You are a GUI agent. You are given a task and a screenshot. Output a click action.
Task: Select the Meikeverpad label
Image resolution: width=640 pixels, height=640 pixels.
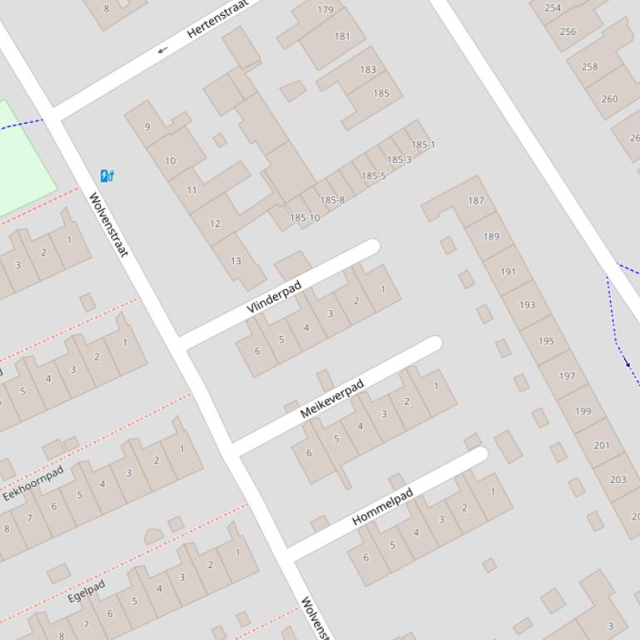pyautogui.click(x=332, y=398)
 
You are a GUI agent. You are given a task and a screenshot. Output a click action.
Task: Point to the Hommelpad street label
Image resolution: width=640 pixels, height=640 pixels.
pyautogui.click(x=383, y=507)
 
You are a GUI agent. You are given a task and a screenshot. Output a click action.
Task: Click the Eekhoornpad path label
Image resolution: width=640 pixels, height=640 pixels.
pyautogui.click(x=33, y=484)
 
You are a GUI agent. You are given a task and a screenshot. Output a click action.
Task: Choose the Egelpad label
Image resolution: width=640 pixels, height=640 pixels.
pyautogui.click(x=87, y=591)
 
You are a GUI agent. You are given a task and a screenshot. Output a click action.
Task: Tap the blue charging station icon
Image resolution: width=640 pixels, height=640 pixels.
pyautogui.click(x=107, y=175)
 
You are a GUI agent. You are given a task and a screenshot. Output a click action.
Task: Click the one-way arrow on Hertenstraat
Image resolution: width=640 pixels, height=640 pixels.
pyautogui.click(x=162, y=50)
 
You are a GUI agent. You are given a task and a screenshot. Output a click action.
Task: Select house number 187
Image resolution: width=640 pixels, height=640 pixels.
pyautogui.click(x=476, y=200)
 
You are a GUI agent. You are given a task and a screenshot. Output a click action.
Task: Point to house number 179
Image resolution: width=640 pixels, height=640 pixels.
pyautogui.click(x=325, y=10)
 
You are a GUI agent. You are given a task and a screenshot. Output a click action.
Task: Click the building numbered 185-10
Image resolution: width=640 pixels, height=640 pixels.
pyautogui.click(x=305, y=218)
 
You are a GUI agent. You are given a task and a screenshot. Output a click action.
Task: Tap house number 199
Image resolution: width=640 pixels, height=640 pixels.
pyautogui.click(x=583, y=411)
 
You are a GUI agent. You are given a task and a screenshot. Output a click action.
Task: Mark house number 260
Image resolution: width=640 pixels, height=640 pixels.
pyautogui.click(x=610, y=98)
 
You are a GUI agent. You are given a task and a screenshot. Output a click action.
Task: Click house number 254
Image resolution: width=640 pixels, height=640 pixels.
pyautogui.click(x=553, y=7)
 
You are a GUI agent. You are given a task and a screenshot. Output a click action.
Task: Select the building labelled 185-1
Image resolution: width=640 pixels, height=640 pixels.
pyautogui.click(x=423, y=145)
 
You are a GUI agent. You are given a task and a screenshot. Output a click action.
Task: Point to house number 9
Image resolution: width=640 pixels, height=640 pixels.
pyautogui.click(x=147, y=126)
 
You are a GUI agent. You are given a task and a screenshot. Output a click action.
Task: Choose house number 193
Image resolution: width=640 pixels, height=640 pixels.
pyautogui.click(x=527, y=305)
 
